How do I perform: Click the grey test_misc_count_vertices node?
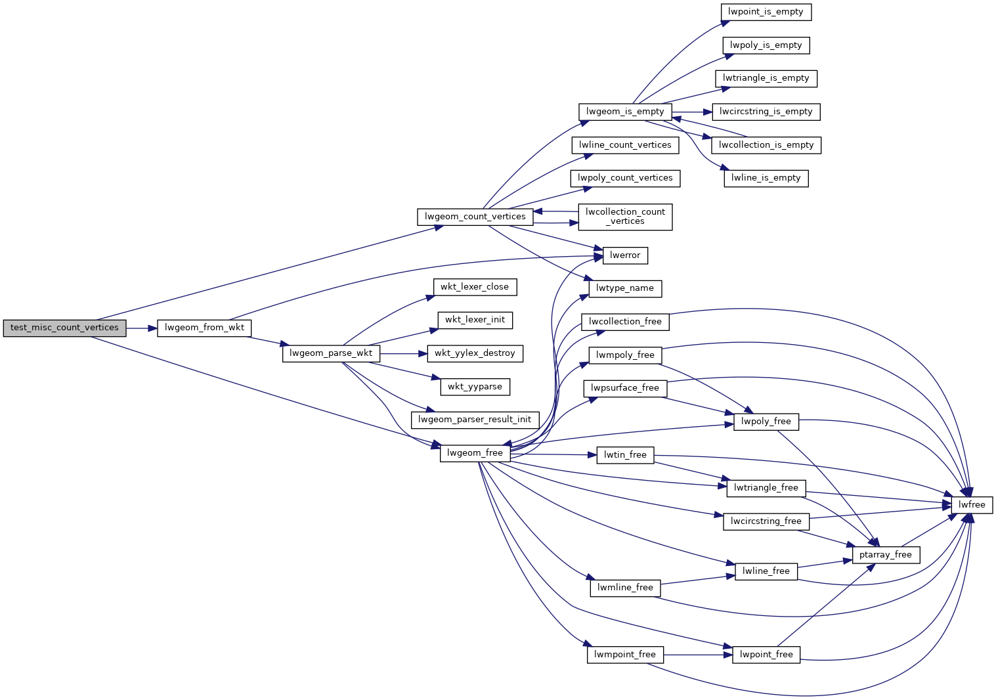[64, 328]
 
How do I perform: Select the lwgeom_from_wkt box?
[204, 328]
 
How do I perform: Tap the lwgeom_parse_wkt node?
[331, 353]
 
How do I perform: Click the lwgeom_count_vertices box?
[475, 217]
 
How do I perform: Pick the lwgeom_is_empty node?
[625, 112]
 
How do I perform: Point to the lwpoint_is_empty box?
[766, 12]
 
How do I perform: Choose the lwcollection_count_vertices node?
[625, 217]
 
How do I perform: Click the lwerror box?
[625, 255]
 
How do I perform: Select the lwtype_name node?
[625, 288]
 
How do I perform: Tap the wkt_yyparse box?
[475, 387]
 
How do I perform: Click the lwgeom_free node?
[475, 453]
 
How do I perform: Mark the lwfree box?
[972, 505]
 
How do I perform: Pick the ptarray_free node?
[885, 555]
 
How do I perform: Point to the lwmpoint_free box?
[625, 655]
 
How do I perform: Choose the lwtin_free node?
[625, 455]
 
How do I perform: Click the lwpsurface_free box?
[625, 388]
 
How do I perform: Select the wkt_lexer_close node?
[475, 287]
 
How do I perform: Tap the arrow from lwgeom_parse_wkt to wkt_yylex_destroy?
[403, 353]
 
